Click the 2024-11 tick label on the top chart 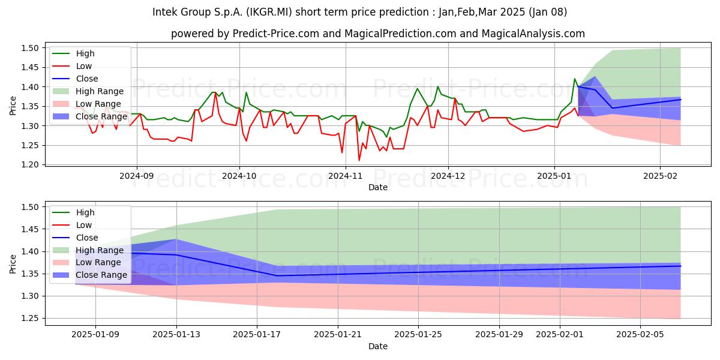tap(345, 176)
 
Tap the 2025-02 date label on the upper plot tap(660, 176)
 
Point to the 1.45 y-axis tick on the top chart tap(30, 67)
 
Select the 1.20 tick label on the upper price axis tap(30, 164)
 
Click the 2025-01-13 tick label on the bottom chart tap(176, 335)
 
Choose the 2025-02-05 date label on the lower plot tap(640, 335)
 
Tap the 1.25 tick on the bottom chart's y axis tap(30, 318)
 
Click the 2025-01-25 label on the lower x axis tap(418, 335)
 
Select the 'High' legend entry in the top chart tap(85, 53)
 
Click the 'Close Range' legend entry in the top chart tap(101, 116)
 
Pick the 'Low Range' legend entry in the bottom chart tap(98, 262)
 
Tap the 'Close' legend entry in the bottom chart tap(87, 238)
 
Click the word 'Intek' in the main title tap(165, 12)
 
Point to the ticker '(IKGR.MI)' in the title tap(269, 12)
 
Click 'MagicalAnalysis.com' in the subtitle tap(533, 34)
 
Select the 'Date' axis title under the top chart tap(377, 187)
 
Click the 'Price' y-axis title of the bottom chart tap(13, 264)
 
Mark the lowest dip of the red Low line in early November tap(359, 160)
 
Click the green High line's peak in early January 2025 tap(574, 79)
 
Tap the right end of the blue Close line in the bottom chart tap(680, 266)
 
